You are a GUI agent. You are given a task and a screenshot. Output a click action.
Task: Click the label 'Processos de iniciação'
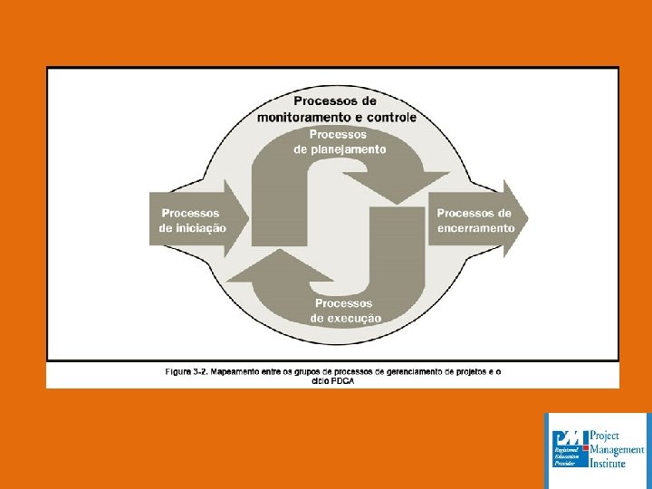(192, 220)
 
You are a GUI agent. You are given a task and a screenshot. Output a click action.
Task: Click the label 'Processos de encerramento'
(475, 220)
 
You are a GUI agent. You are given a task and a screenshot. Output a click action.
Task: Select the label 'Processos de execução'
(345, 311)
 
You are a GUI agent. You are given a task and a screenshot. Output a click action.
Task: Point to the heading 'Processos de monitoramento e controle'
(337, 109)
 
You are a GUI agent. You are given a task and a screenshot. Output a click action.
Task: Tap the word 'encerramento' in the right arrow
(475, 228)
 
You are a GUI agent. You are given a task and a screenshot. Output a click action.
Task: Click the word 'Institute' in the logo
(608, 462)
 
